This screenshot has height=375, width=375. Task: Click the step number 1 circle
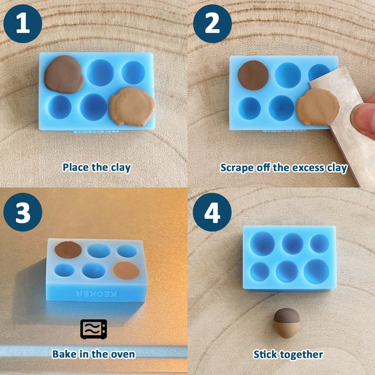point(23,24)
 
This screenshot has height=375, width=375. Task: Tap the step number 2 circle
point(212,24)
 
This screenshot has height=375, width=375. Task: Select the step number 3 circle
point(23,212)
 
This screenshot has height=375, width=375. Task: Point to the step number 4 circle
point(212,212)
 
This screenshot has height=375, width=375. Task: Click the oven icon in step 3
point(94,329)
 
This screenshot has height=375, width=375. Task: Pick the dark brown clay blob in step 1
point(64,75)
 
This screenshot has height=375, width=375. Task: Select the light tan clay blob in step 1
point(132,106)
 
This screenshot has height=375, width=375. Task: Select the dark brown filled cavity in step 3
point(68,250)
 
